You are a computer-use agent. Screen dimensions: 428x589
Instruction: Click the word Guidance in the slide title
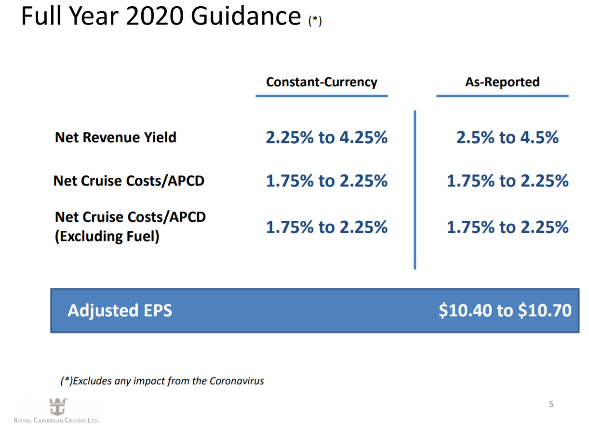tap(246, 17)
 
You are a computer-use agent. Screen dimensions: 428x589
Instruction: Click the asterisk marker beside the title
tap(315, 20)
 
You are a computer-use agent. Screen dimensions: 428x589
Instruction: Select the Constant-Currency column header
tap(321, 82)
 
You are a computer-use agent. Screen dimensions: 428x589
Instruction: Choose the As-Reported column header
tap(502, 82)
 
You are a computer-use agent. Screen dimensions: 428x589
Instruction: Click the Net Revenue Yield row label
tap(116, 137)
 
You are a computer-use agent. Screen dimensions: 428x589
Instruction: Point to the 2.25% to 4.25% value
tap(327, 138)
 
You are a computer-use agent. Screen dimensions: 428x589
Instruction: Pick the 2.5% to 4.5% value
tap(508, 138)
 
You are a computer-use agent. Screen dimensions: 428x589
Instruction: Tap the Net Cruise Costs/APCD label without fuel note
tap(129, 181)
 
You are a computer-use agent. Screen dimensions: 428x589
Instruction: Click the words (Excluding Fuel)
tap(107, 237)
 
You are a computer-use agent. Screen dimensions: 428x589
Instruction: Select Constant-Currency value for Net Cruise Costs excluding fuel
tap(327, 227)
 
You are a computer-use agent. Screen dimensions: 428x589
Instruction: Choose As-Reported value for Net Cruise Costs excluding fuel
tap(508, 227)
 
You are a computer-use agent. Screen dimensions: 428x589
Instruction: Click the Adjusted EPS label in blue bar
tap(120, 310)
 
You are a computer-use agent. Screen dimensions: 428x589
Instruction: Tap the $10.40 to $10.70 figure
tap(505, 310)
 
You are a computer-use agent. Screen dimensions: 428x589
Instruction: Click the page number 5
tap(551, 404)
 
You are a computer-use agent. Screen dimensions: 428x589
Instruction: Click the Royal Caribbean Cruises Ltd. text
tap(57, 421)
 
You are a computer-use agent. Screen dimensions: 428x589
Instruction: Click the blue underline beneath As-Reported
tap(502, 96)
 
